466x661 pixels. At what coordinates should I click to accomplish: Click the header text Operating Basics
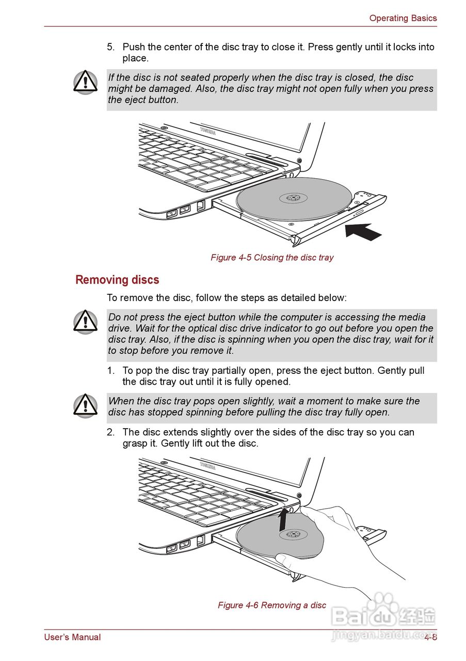[403, 18]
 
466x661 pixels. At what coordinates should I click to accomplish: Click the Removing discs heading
[117, 280]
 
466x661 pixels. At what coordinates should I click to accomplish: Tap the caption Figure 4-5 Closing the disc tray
[272, 257]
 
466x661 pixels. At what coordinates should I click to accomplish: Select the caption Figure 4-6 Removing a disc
[272, 605]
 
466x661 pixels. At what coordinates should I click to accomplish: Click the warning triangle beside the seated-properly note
[85, 82]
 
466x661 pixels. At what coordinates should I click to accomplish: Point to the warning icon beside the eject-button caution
[85, 322]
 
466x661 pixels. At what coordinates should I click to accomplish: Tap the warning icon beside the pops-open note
[85, 405]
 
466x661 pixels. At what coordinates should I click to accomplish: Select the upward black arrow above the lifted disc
[282, 520]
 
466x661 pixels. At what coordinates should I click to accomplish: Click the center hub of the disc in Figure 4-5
[293, 198]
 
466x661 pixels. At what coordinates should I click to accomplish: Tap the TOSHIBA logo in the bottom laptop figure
[207, 466]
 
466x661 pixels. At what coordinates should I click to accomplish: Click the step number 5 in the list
[110, 47]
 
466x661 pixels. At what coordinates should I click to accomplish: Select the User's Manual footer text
[72, 637]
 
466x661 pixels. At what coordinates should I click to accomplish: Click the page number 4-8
[430, 637]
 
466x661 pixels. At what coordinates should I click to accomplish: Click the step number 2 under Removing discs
[110, 432]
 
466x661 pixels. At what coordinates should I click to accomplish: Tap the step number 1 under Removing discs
[110, 371]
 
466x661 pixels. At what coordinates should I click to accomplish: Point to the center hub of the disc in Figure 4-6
[293, 534]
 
